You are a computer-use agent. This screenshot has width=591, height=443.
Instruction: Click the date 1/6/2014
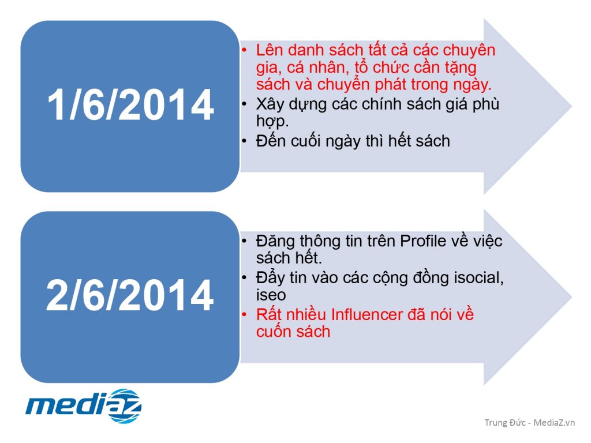(x=130, y=105)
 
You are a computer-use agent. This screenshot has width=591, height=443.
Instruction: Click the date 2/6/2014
(x=130, y=295)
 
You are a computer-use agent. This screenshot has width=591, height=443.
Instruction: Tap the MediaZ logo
(x=83, y=406)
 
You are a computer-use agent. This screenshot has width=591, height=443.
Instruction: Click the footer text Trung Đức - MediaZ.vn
(x=530, y=422)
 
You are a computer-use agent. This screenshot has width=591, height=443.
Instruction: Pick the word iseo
(x=271, y=295)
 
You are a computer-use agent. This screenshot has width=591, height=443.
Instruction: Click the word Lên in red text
(x=269, y=50)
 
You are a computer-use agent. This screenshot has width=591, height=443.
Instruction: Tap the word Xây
(x=270, y=104)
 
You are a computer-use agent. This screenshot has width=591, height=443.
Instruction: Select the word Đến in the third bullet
(x=270, y=141)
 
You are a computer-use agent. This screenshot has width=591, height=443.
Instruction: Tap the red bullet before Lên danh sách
(x=245, y=50)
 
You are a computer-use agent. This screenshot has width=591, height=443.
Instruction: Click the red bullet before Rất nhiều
(x=245, y=314)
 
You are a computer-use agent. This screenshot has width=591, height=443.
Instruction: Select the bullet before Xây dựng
(x=245, y=104)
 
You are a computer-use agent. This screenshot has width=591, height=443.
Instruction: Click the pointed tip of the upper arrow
(x=572, y=106)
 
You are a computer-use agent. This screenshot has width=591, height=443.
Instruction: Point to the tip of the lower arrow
(x=572, y=297)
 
